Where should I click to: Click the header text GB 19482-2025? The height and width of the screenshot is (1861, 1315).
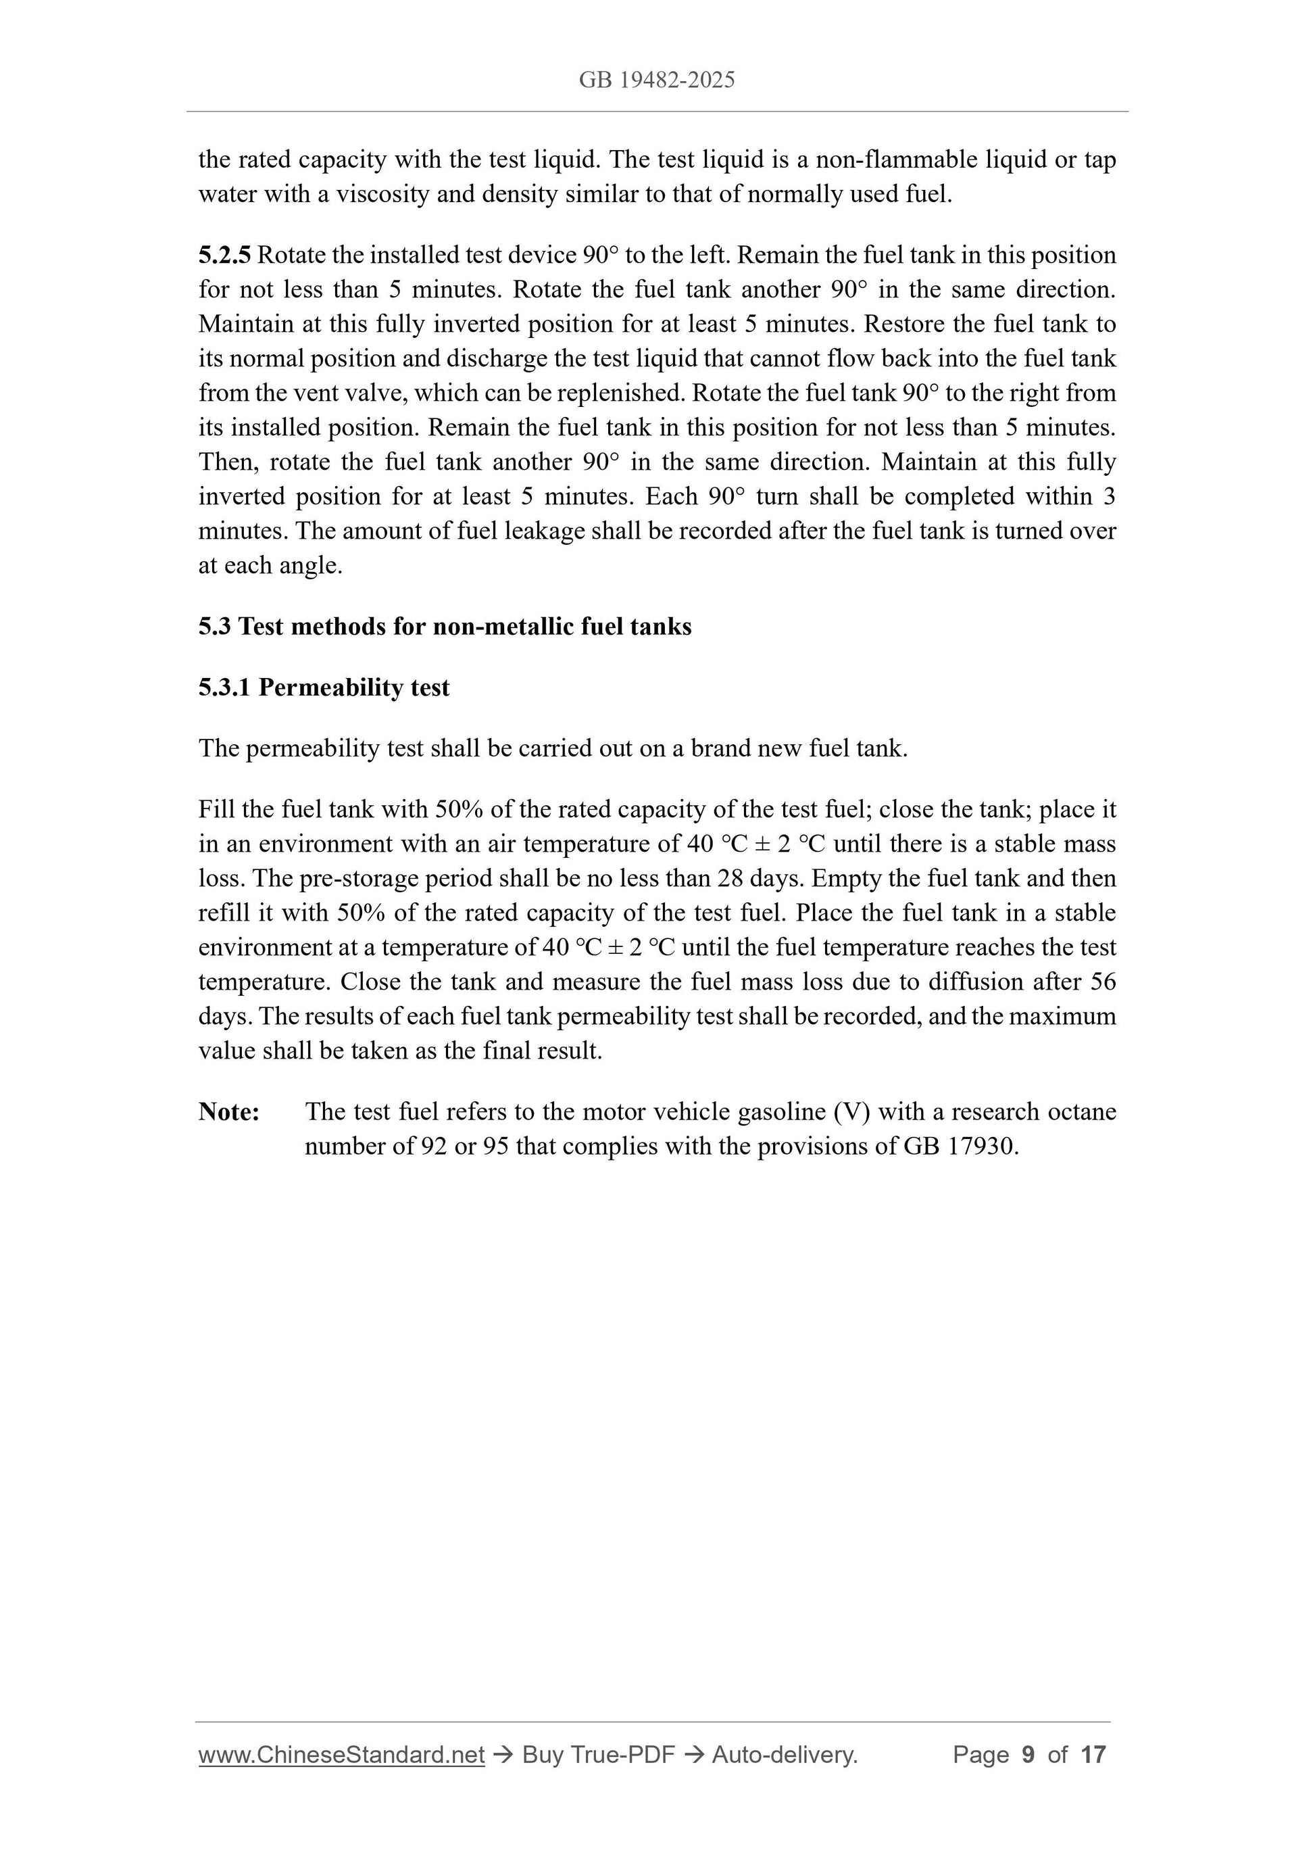656,80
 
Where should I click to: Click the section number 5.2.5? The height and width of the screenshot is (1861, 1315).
224,256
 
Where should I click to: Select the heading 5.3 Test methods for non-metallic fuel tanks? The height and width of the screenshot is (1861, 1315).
445,627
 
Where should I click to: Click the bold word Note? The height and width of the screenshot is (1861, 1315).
229,1112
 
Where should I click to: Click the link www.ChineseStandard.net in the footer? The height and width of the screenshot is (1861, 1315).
341,1755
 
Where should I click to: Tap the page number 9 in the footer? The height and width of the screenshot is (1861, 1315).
1028,1755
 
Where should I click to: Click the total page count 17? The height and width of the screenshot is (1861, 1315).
1093,1755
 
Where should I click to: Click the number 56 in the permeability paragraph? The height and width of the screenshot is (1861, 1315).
1103,982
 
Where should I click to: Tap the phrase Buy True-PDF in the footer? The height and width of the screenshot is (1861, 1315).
598,1755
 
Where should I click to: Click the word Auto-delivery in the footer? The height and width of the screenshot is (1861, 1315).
785,1755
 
